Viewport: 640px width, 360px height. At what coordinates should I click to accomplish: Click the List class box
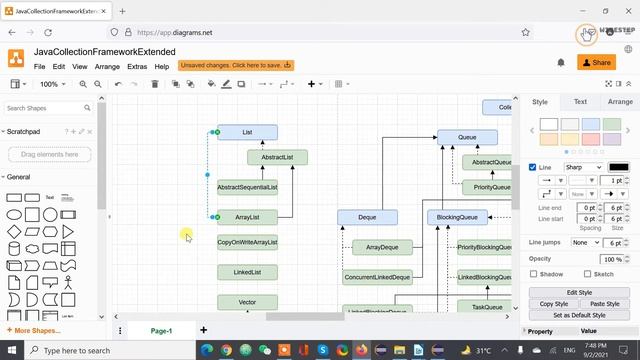[247, 132]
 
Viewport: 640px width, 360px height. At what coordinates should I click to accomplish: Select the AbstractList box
[277, 157]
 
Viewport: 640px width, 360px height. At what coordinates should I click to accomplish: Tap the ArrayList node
[247, 217]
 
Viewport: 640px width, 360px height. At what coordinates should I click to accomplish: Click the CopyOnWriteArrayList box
[247, 242]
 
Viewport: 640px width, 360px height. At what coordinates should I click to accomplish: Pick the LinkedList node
[247, 272]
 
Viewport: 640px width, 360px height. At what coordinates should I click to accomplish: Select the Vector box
[247, 302]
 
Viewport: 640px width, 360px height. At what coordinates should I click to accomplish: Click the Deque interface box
[367, 217]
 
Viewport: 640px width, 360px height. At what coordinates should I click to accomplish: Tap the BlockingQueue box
[457, 217]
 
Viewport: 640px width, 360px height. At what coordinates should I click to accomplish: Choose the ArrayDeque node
[382, 247]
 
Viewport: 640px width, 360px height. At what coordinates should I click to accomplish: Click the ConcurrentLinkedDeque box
[377, 277]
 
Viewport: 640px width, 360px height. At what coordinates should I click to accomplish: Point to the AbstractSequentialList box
[247, 187]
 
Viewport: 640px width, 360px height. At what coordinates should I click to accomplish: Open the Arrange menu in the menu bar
[107, 66]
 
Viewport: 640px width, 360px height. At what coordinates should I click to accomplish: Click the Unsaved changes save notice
[236, 66]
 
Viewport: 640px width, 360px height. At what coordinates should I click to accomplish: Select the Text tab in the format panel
[580, 102]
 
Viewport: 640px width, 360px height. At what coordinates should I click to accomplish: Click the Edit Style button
[579, 293]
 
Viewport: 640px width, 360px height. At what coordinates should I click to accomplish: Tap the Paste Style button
[604, 304]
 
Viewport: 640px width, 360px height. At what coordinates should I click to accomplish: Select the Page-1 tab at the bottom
[161, 330]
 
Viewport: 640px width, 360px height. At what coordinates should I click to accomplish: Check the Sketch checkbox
[586, 273]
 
